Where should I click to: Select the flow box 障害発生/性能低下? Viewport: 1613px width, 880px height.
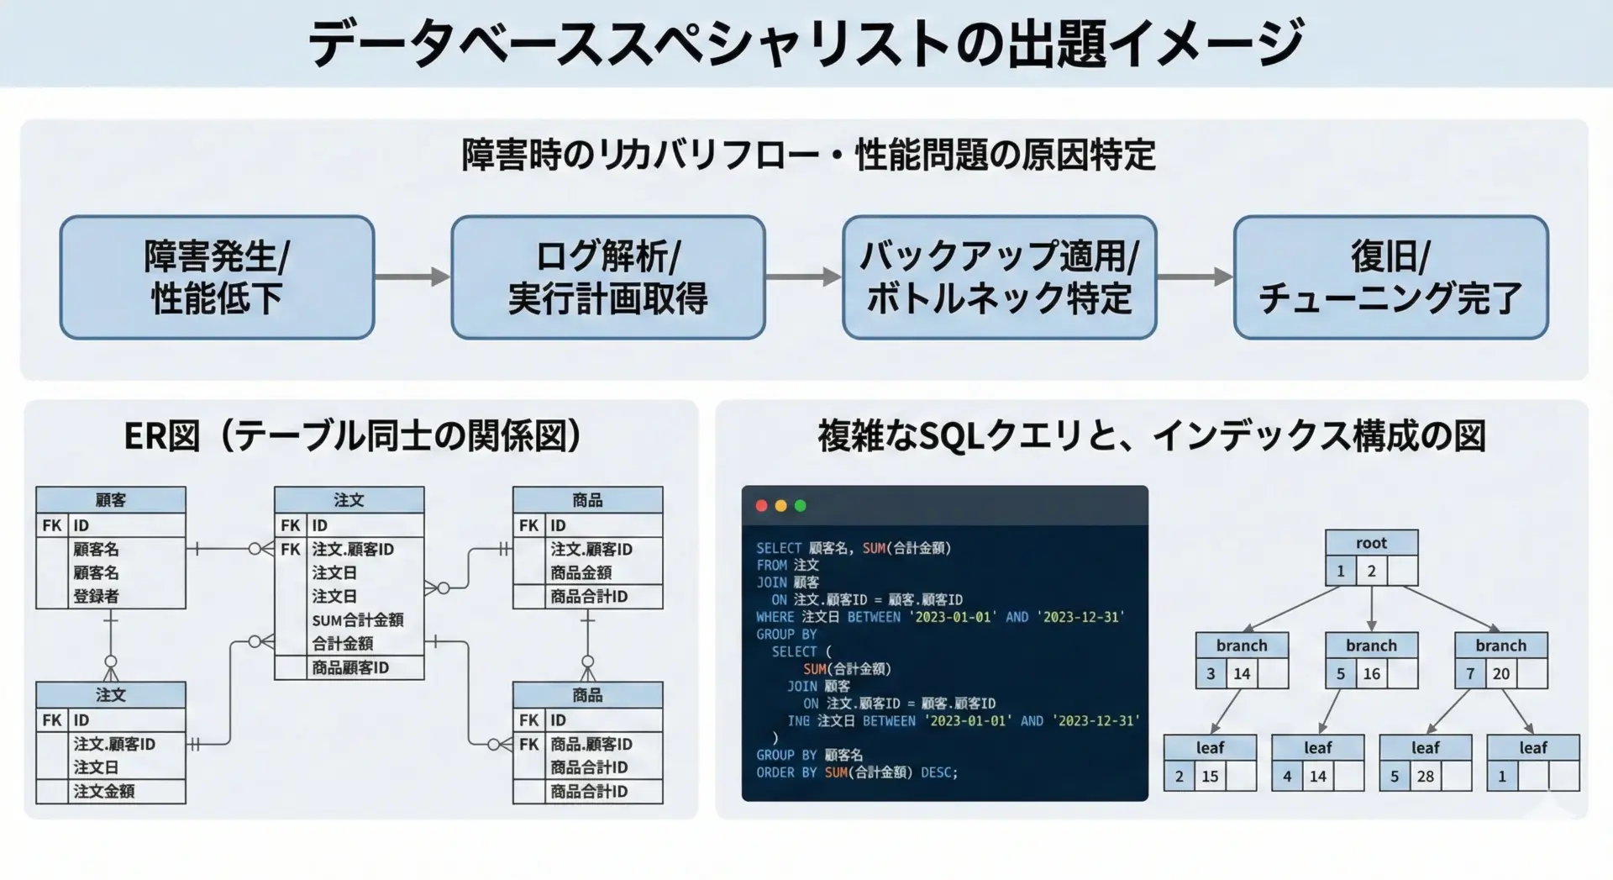[x=217, y=277]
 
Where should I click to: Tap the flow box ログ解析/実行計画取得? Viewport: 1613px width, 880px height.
[x=607, y=277]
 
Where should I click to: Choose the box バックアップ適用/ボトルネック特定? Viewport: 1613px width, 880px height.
[x=999, y=277]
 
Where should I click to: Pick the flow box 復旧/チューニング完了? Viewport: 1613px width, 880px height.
[x=1390, y=277]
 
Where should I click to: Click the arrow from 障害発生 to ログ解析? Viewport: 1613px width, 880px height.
[x=412, y=277]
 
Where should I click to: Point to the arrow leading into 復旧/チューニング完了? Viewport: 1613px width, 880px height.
[x=1195, y=277]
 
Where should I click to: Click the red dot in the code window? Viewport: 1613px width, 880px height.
[x=761, y=506]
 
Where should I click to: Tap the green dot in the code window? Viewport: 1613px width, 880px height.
[x=800, y=506]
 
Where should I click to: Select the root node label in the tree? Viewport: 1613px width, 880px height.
[x=1371, y=543]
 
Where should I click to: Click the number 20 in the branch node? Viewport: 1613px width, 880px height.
[x=1500, y=673]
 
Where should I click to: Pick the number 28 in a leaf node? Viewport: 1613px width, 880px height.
[x=1425, y=776]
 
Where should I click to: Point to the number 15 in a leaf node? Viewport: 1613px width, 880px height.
[x=1210, y=776]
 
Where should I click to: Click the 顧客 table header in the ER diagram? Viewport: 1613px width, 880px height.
[x=110, y=500]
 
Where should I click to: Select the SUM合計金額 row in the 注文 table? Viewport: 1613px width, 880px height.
[x=357, y=620]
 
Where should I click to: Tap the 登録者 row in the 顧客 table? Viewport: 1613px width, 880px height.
[x=96, y=596]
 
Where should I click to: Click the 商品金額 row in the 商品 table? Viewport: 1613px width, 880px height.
[x=581, y=572]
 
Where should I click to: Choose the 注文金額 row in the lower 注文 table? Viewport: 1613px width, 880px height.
[x=103, y=791]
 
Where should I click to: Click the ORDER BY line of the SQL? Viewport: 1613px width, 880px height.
[x=856, y=772]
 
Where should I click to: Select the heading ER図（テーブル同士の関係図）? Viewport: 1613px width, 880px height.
[x=354, y=435]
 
